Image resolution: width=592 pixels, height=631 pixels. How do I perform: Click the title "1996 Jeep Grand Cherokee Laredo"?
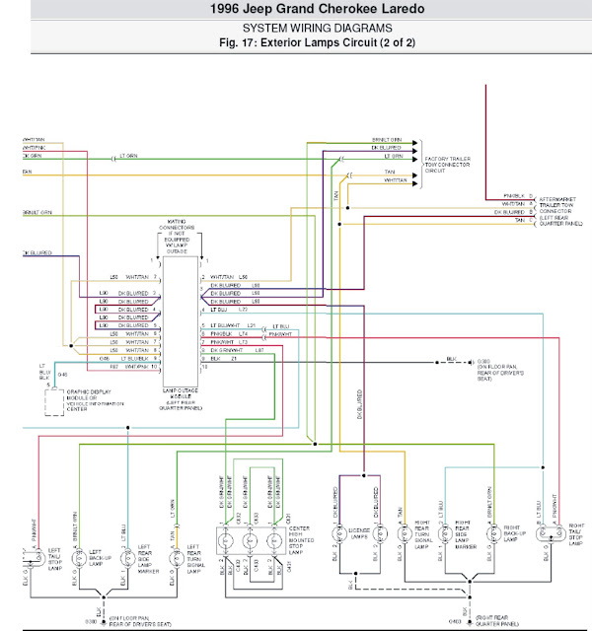(296, 11)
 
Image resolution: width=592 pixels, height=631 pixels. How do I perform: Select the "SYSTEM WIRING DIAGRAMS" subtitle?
(296, 29)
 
